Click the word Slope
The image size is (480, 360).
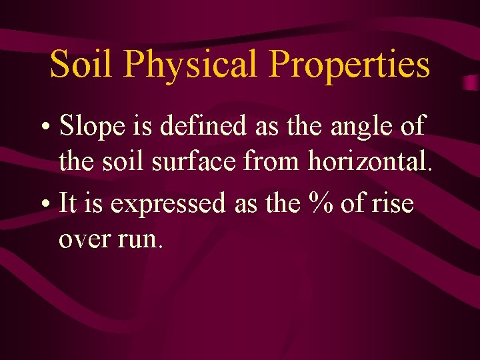(91, 125)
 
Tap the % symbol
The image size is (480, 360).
(317, 203)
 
